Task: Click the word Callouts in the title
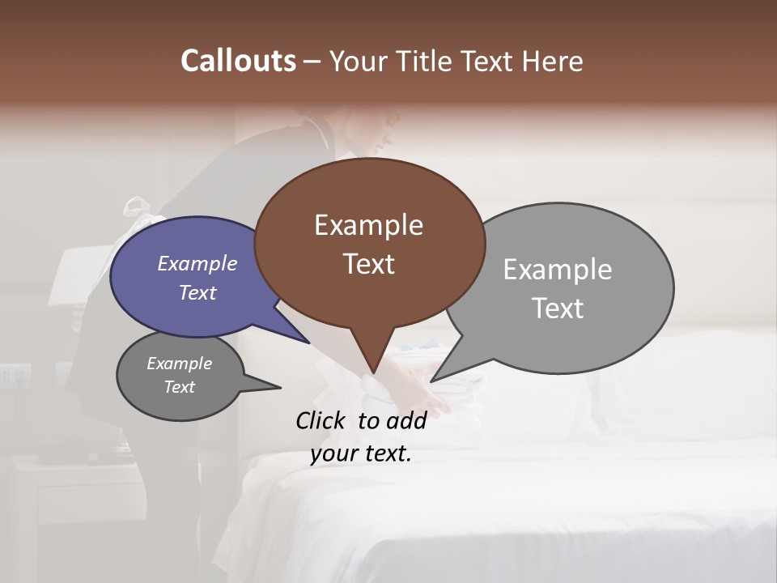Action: point(238,61)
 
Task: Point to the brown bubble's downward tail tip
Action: point(373,373)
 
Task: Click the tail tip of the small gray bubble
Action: point(280,387)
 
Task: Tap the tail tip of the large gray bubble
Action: point(431,381)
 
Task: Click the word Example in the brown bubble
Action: point(369,224)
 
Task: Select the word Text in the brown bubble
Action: point(369,264)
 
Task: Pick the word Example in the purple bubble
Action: point(197,263)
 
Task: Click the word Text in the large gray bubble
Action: point(558,309)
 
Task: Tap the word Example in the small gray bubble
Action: point(180,364)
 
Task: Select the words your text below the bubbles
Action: point(361,453)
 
